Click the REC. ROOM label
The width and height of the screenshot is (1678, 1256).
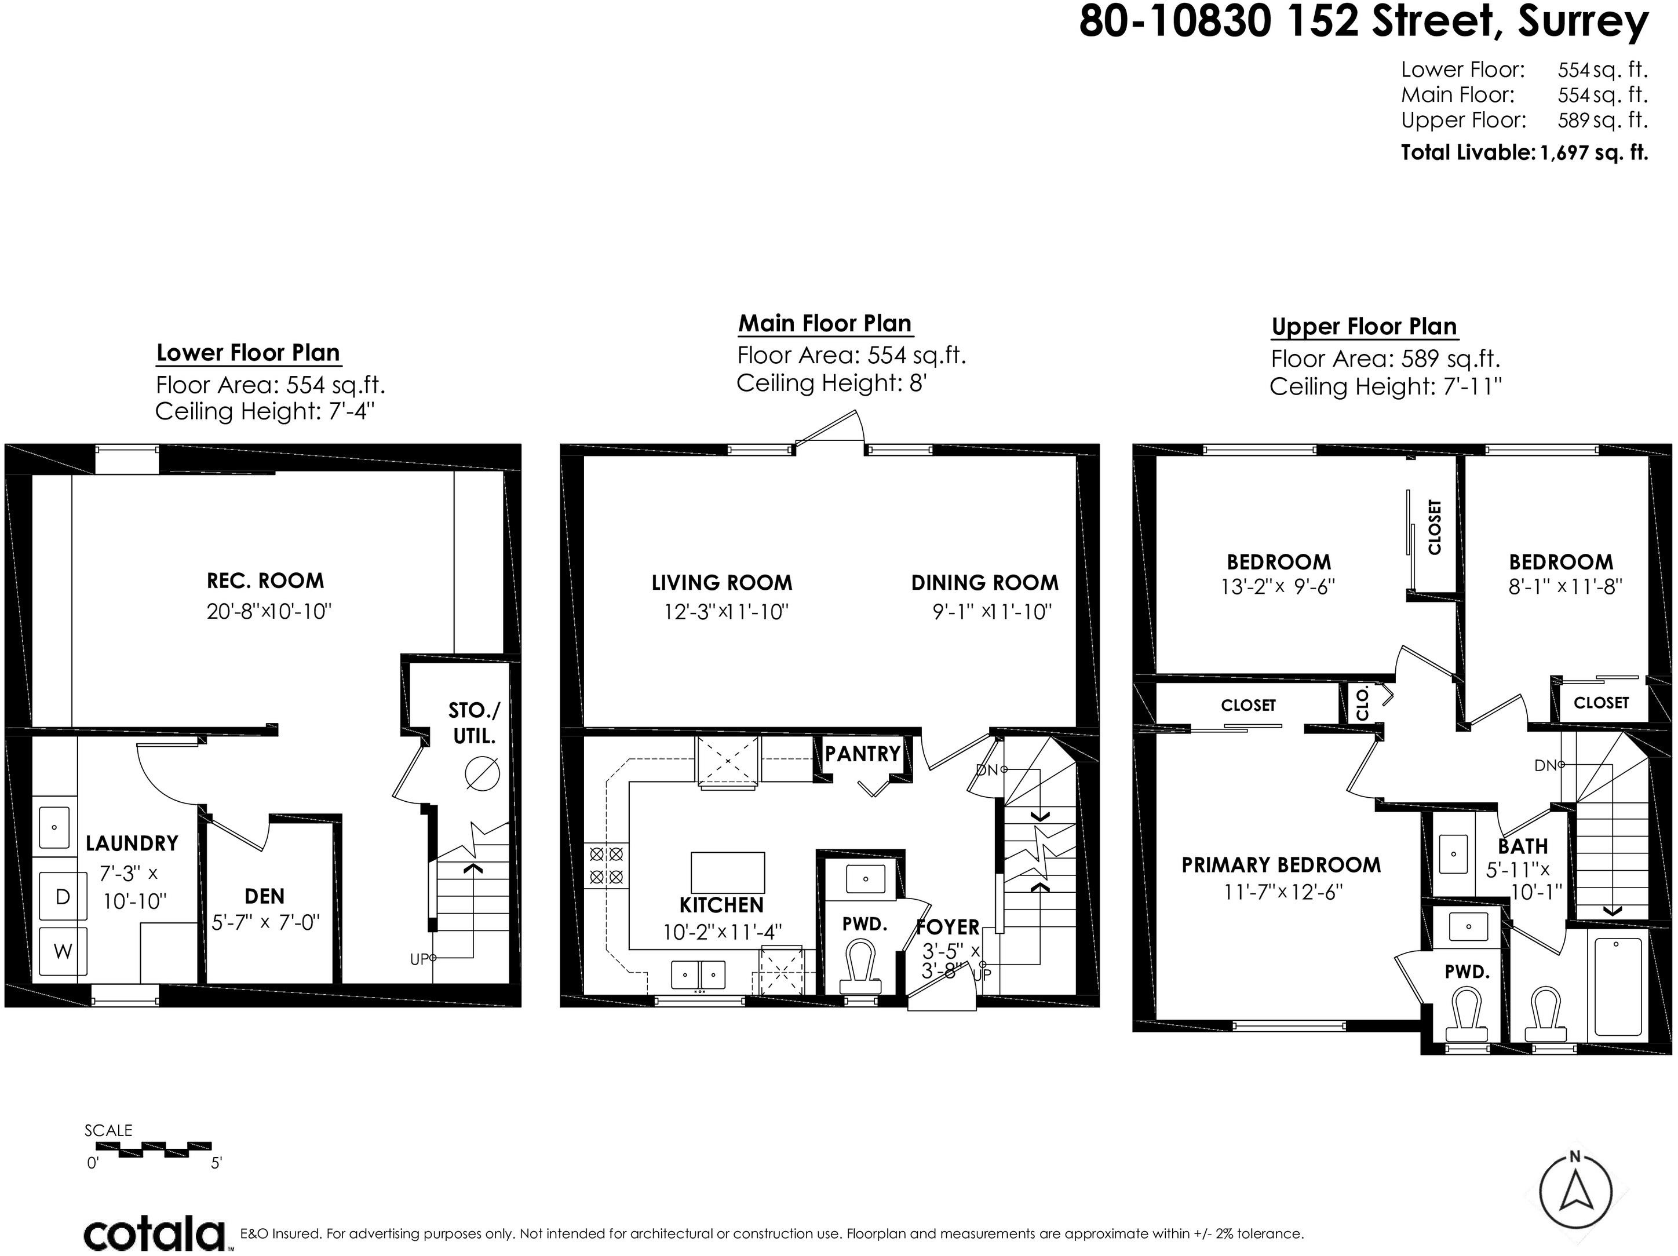pos(265,581)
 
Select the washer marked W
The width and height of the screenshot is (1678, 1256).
pos(63,951)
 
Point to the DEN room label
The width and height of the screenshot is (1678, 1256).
pos(265,896)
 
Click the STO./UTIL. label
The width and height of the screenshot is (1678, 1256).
pos(474,724)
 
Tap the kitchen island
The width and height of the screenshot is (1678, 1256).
pos(728,872)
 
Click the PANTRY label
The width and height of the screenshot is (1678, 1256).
pos(863,754)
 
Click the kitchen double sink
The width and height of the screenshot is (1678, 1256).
pos(699,974)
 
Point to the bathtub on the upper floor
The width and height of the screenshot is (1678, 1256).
pos(1618,987)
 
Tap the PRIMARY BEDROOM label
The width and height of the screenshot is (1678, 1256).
pos(1281,864)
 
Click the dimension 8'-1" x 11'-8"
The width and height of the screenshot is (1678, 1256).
pos(1565,587)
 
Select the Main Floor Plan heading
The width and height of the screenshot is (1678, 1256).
pos(825,324)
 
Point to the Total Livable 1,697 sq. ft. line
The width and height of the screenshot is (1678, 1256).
pos(1524,152)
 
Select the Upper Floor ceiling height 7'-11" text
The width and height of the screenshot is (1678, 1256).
pos(1386,387)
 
